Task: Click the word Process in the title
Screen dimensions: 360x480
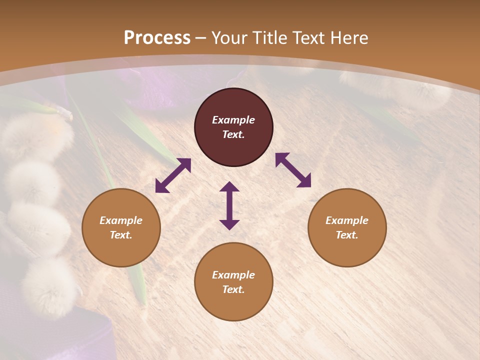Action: [157, 38]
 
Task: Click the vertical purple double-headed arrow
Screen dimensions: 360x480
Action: [229, 205]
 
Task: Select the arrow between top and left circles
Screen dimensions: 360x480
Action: [173, 175]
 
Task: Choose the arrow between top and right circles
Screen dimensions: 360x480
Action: [293, 170]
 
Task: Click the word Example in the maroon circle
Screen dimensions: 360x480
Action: [233, 120]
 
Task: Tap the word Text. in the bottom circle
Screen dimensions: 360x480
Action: [233, 289]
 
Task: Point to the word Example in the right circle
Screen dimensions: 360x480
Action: [347, 220]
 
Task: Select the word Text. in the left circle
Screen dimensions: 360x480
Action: [121, 235]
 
